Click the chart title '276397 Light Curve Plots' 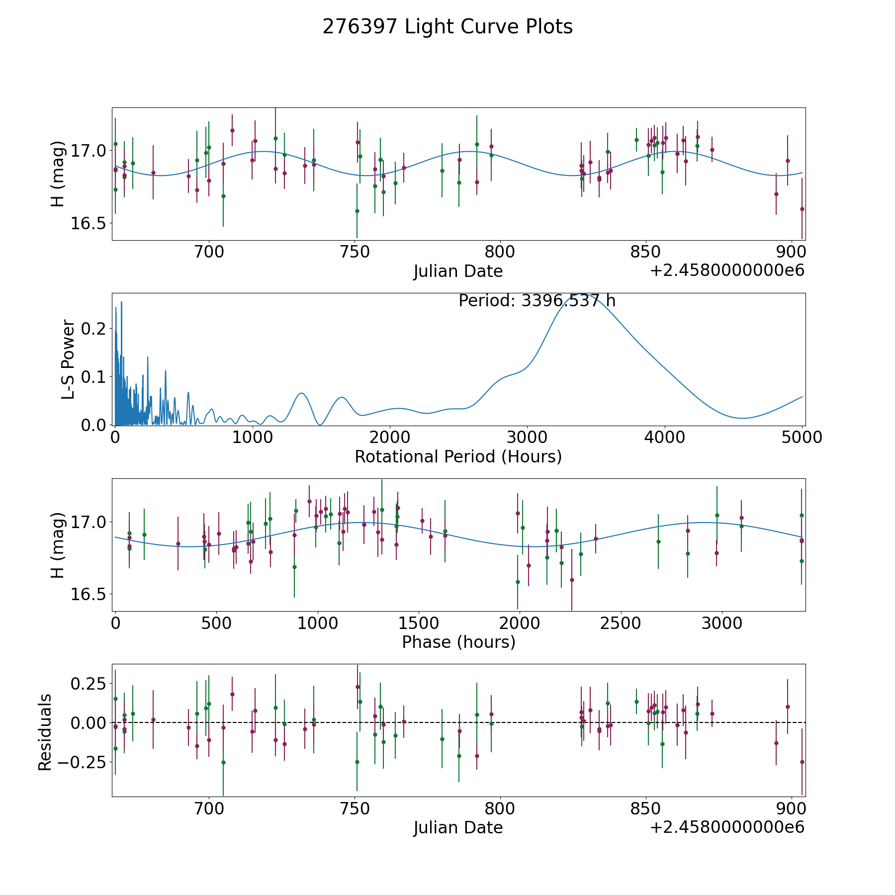tap(447, 27)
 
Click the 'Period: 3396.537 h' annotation tap(537, 301)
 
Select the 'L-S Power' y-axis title tap(68, 359)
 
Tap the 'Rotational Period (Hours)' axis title tap(458, 456)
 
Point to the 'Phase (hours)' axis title tap(458, 642)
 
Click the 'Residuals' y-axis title tap(45, 732)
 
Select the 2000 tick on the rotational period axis tap(390, 438)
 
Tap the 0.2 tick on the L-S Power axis tap(94, 329)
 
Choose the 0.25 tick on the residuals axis tap(89, 684)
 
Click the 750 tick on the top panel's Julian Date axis tap(355, 253)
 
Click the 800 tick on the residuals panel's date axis tap(500, 809)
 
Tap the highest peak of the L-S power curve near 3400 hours tap(582, 294)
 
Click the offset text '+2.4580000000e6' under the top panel tap(727, 271)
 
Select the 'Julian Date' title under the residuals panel tap(458, 828)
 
